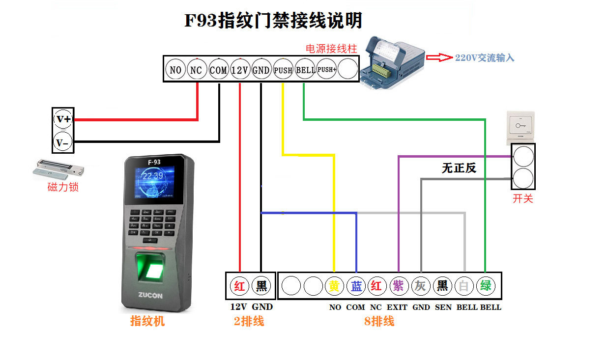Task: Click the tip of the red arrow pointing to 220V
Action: click(x=453, y=57)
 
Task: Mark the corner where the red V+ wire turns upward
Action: click(x=197, y=120)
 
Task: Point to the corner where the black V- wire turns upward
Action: click(x=219, y=141)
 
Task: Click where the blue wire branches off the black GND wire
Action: click(x=261, y=213)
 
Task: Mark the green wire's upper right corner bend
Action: click(x=485, y=119)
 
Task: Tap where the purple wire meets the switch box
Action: click(x=511, y=156)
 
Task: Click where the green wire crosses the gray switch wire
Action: click(x=485, y=179)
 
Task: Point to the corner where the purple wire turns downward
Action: click(x=399, y=157)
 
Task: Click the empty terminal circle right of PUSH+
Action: click(x=347, y=69)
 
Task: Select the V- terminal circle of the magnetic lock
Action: click(x=63, y=142)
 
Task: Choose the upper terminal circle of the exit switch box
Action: click(x=523, y=156)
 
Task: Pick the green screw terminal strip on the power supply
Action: click(x=381, y=71)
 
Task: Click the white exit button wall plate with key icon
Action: click(x=521, y=128)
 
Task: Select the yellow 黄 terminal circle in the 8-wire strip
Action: click(x=334, y=286)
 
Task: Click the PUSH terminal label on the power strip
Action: click(x=283, y=70)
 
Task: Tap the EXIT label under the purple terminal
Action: click(x=397, y=307)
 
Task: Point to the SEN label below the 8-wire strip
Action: click(x=443, y=307)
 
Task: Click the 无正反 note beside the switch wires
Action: click(x=459, y=168)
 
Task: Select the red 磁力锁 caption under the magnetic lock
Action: click(x=63, y=187)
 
